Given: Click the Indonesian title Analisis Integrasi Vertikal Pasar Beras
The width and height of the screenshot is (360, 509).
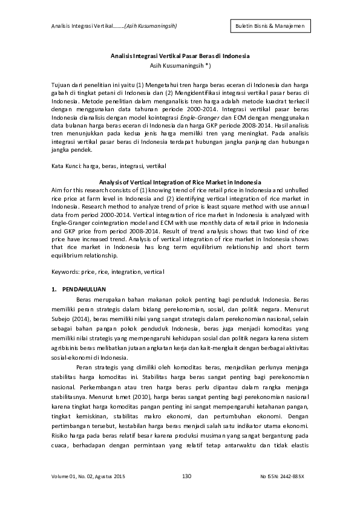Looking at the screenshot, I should pyautogui.click(x=180, y=56).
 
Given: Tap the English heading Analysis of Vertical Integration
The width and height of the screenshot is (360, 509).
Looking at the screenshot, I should pyautogui.click(x=180, y=182).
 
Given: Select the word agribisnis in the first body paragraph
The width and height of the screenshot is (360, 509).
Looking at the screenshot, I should pyautogui.click(x=63, y=349).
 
